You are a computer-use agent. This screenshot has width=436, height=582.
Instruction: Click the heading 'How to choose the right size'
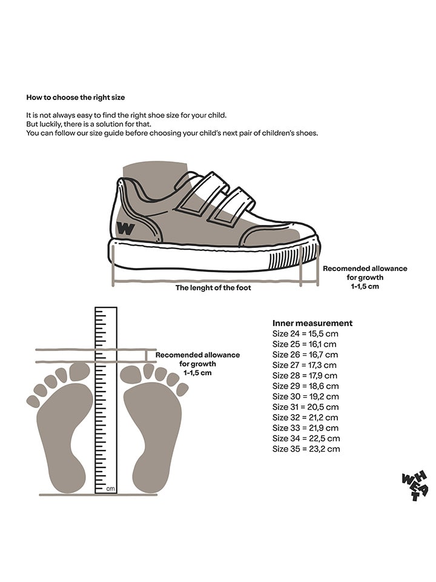pos(76,97)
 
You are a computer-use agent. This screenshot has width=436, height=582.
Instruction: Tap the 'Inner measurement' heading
pos(312,323)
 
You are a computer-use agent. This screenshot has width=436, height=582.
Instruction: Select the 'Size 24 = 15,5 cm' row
pos(305,334)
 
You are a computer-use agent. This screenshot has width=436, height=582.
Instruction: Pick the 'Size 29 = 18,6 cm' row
pos(305,386)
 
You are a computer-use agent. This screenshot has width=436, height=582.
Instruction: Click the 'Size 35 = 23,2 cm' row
pos(306,449)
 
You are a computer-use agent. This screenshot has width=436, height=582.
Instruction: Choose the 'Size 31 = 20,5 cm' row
pos(305,407)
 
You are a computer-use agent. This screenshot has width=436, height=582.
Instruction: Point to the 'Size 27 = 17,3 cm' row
pos(305,365)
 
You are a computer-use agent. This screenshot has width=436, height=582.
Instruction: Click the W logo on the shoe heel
pos(126,229)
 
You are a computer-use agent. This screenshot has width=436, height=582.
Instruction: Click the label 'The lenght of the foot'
pos(213,288)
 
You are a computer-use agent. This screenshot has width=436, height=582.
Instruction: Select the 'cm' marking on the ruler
pos(111,488)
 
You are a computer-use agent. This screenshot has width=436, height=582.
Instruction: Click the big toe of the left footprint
pos(79,372)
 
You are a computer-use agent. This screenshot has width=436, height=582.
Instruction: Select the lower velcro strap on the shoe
pos(230,206)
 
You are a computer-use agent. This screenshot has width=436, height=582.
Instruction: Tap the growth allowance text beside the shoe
pos(365,277)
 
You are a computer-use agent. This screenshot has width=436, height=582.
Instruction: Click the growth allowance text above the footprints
pos(197,364)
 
